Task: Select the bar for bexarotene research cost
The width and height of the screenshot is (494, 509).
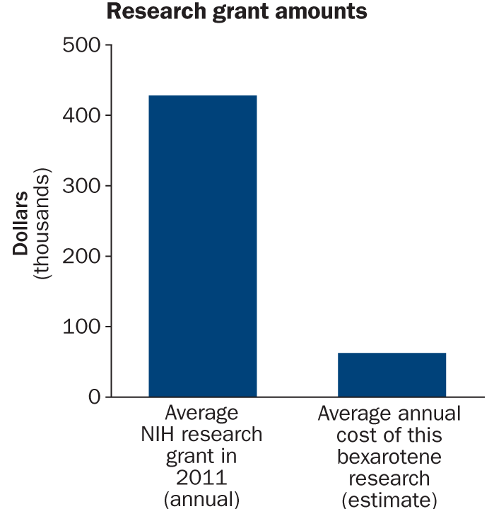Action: coord(392,375)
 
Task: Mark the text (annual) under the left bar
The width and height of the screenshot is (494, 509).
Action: coord(202,498)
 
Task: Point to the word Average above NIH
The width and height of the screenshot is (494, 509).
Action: coord(202,413)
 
